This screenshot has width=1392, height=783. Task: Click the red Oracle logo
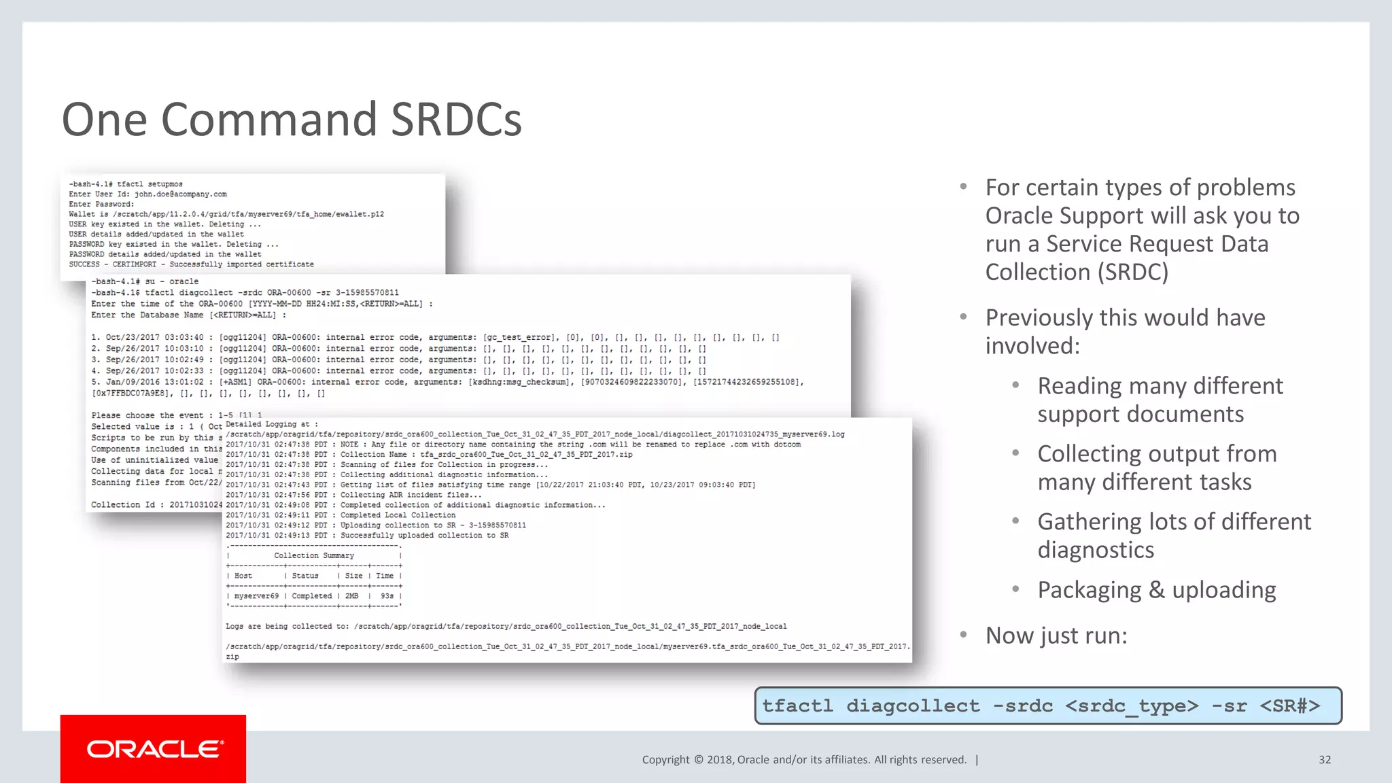click(154, 748)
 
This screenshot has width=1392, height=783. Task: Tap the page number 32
click(1324, 760)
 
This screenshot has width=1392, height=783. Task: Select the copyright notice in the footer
click(804, 760)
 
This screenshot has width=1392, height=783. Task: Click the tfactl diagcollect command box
click(1047, 706)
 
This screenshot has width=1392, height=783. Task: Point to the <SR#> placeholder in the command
click(1289, 706)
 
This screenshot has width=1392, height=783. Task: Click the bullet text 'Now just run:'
click(1056, 636)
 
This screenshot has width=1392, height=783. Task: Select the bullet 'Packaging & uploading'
click(1156, 590)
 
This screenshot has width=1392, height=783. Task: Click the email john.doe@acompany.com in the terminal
click(180, 194)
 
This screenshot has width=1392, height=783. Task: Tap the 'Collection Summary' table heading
click(314, 556)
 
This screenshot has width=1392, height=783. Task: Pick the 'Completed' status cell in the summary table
click(312, 596)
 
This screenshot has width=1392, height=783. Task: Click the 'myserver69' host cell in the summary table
click(256, 596)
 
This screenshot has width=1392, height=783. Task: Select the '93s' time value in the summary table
click(387, 596)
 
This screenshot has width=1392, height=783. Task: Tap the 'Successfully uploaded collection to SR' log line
click(424, 536)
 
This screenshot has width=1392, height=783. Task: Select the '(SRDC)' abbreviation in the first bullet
click(1133, 273)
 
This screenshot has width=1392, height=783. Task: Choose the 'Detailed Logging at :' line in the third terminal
click(271, 424)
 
